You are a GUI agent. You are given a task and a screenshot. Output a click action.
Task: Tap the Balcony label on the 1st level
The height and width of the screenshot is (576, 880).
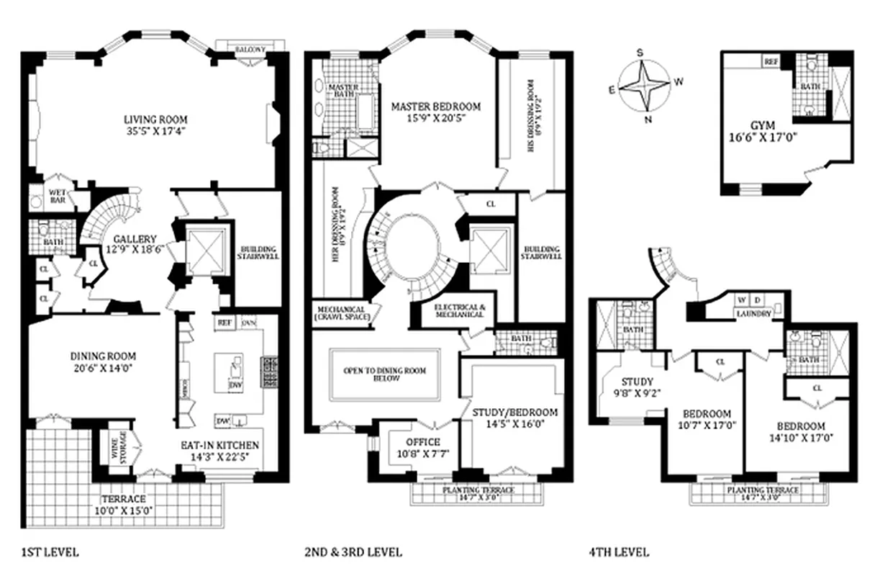point(250,49)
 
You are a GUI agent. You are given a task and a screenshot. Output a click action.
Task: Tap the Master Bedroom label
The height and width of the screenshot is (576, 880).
point(435,107)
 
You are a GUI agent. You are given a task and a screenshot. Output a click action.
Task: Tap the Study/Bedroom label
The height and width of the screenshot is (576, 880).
point(514,413)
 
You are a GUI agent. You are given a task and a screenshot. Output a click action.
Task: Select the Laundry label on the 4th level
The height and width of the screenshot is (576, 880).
point(753,314)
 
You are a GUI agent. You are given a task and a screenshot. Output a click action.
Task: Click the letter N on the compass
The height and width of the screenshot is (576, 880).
point(647,120)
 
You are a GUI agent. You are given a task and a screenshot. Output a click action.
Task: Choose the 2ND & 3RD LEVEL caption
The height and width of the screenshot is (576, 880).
point(353,553)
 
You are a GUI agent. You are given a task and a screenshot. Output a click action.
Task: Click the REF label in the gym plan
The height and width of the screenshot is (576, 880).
point(771,63)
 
